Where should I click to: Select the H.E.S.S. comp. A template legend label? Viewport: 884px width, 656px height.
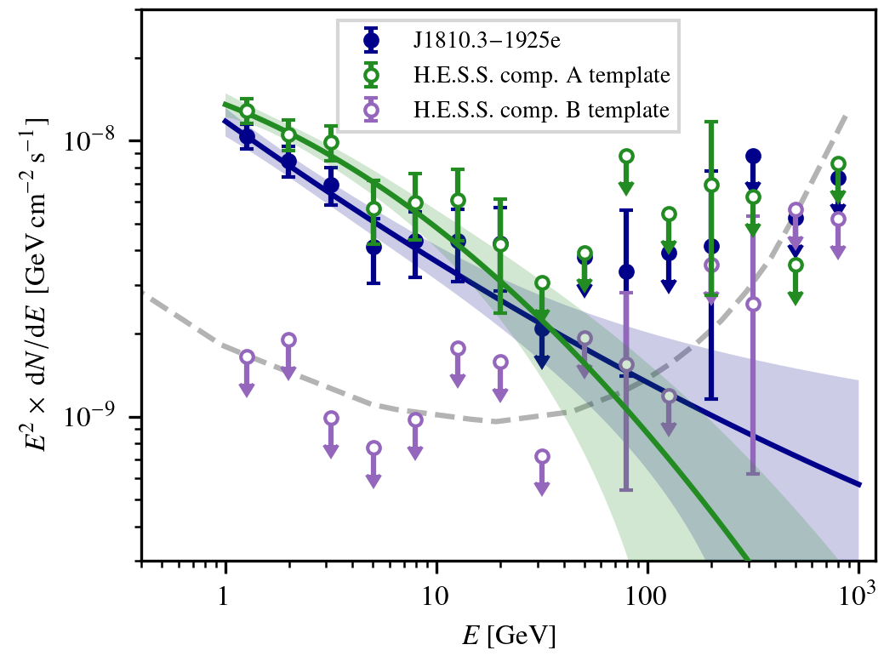coord(542,75)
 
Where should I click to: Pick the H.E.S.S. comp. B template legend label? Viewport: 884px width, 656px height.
coord(542,109)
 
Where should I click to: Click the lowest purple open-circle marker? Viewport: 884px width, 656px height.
coord(542,457)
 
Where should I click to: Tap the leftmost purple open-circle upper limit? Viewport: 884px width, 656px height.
coord(247,357)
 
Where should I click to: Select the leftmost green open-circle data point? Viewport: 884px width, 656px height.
coord(247,111)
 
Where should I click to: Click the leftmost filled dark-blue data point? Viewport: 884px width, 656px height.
coord(247,136)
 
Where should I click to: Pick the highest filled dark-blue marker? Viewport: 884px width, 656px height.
coord(753,156)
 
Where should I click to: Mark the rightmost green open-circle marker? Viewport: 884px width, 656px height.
coord(838,164)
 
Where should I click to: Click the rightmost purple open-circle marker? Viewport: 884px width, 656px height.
coord(838,220)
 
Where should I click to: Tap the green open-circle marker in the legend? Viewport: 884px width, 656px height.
coord(370,75)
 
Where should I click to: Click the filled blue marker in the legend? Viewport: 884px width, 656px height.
coord(370,40)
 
